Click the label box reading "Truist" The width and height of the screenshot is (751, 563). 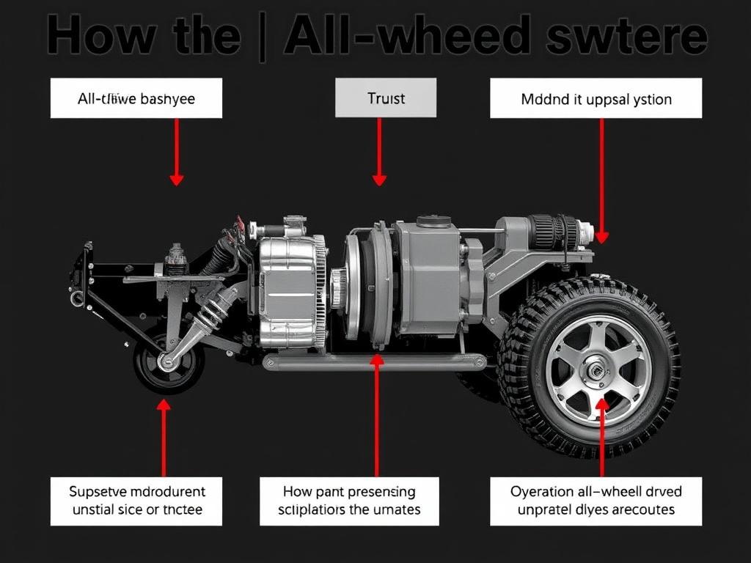pos(386,98)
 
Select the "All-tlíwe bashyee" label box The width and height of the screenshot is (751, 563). pos(136,98)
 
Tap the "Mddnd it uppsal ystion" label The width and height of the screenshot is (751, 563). pos(596,98)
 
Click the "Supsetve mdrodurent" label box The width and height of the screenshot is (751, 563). pos(136,501)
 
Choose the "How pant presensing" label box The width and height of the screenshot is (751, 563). pos(349,501)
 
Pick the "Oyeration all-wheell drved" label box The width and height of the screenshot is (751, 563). pos(596,501)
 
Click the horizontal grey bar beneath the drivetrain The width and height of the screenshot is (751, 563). pos(374,361)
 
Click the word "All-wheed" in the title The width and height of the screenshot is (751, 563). pos(408,37)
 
